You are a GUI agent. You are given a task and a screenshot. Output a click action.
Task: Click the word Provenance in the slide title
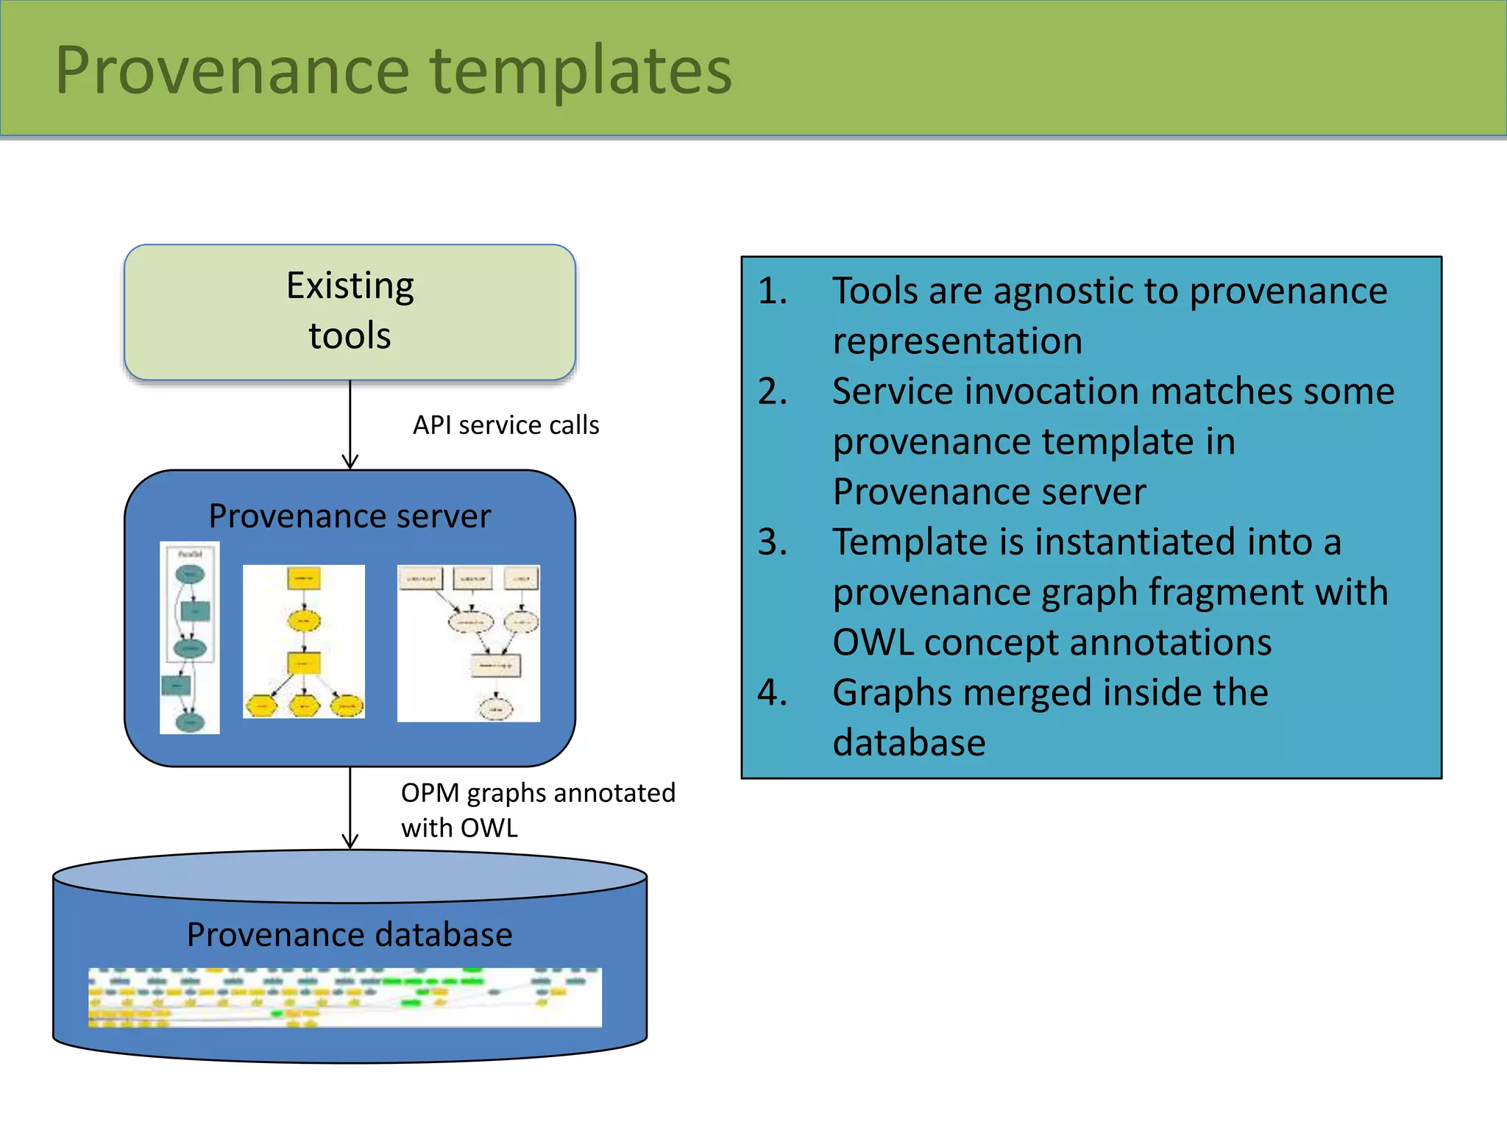[x=232, y=71]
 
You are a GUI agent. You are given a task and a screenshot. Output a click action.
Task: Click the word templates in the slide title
[x=581, y=71]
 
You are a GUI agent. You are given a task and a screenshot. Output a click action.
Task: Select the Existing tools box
[x=350, y=311]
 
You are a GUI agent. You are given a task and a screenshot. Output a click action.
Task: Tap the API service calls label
[x=506, y=425]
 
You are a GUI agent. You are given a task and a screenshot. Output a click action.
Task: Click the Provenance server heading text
[x=350, y=516]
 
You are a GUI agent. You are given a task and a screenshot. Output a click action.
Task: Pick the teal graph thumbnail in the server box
[x=190, y=638]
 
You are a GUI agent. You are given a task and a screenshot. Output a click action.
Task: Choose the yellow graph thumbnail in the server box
[x=304, y=642]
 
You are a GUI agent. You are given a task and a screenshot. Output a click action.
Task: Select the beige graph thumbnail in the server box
[x=469, y=643]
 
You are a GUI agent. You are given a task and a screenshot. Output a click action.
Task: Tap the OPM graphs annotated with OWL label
[x=537, y=810]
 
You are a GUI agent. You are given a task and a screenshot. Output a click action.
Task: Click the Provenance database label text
[x=350, y=934]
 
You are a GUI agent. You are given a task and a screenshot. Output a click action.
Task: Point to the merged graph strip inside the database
[x=344, y=998]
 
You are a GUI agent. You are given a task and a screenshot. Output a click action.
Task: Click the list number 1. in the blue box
[x=773, y=291]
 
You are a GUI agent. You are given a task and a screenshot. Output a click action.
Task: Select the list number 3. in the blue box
[x=773, y=542]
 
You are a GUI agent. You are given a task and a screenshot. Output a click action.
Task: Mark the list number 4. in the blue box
[x=773, y=693]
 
